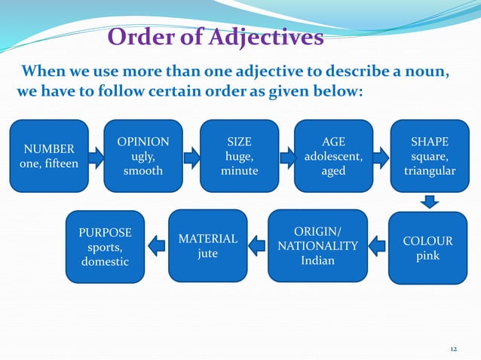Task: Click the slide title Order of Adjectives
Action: point(216,36)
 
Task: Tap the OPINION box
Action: point(143,156)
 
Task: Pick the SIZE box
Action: point(239,156)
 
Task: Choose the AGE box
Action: point(333,156)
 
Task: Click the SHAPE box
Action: point(429,156)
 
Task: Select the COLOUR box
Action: point(427,249)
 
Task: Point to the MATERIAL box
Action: point(207,246)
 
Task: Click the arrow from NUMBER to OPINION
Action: point(96,157)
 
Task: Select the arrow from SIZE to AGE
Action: point(286,157)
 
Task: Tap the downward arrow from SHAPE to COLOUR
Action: point(429,201)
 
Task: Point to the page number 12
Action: point(453,349)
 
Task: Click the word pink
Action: point(427,256)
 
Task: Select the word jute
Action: point(207,254)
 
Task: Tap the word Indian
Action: point(317,261)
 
